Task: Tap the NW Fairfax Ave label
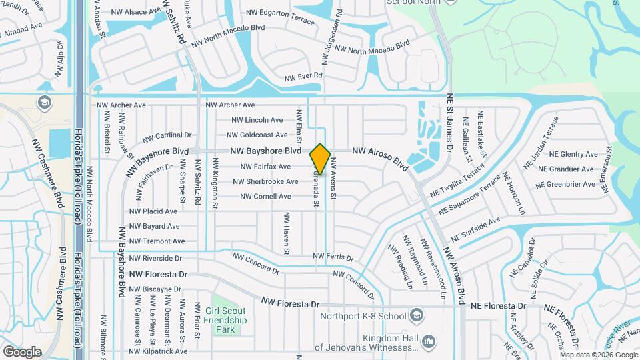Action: pos(265,167)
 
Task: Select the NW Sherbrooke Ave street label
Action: pos(265,181)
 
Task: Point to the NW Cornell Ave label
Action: pos(265,197)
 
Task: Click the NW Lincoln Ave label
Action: pos(257,120)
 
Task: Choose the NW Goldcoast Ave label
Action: pos(259,135)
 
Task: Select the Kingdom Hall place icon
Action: pos(429,342)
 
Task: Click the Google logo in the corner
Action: pos(22,351)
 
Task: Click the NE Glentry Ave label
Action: pos(572,154)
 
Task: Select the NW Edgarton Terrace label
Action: pos(280,17)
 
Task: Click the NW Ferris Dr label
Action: pos(333,257)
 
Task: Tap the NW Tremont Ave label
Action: pos(157,241)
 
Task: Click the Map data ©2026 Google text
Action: pos(598,355)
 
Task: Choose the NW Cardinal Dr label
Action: pos(171,135)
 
